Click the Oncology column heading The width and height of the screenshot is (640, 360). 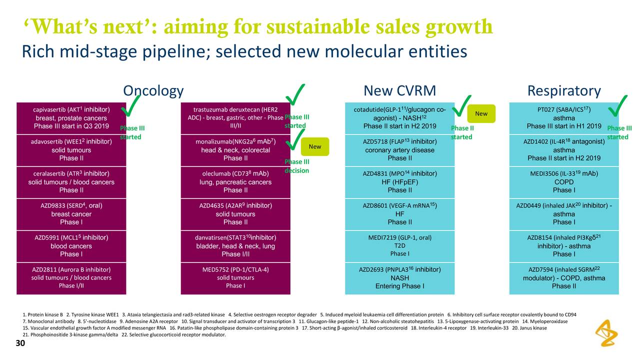tap(153, 91)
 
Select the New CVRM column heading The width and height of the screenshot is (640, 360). tap(399, 91)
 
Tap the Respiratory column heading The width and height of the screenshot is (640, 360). tap(564, 91)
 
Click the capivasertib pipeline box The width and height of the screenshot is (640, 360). tap(71, 117)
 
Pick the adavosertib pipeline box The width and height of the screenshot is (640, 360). tap(71, 150)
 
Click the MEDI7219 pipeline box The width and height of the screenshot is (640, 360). tap(399, 246)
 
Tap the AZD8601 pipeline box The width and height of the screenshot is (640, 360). tap(399, 214)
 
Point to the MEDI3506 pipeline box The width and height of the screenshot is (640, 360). tap(563, 182)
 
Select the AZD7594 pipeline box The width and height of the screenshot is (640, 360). tap(563, 278)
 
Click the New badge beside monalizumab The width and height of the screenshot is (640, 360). tap(315, 146)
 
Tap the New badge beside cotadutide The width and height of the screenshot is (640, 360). tap(481, 113)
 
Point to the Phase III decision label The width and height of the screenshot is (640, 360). tap(297, 166)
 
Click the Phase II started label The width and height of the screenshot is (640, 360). tap(461, 132)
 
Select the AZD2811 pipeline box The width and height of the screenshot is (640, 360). tap(71, 278)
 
